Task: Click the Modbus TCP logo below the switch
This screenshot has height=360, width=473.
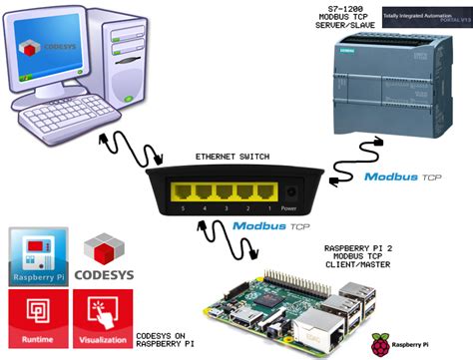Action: click(272, 227)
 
